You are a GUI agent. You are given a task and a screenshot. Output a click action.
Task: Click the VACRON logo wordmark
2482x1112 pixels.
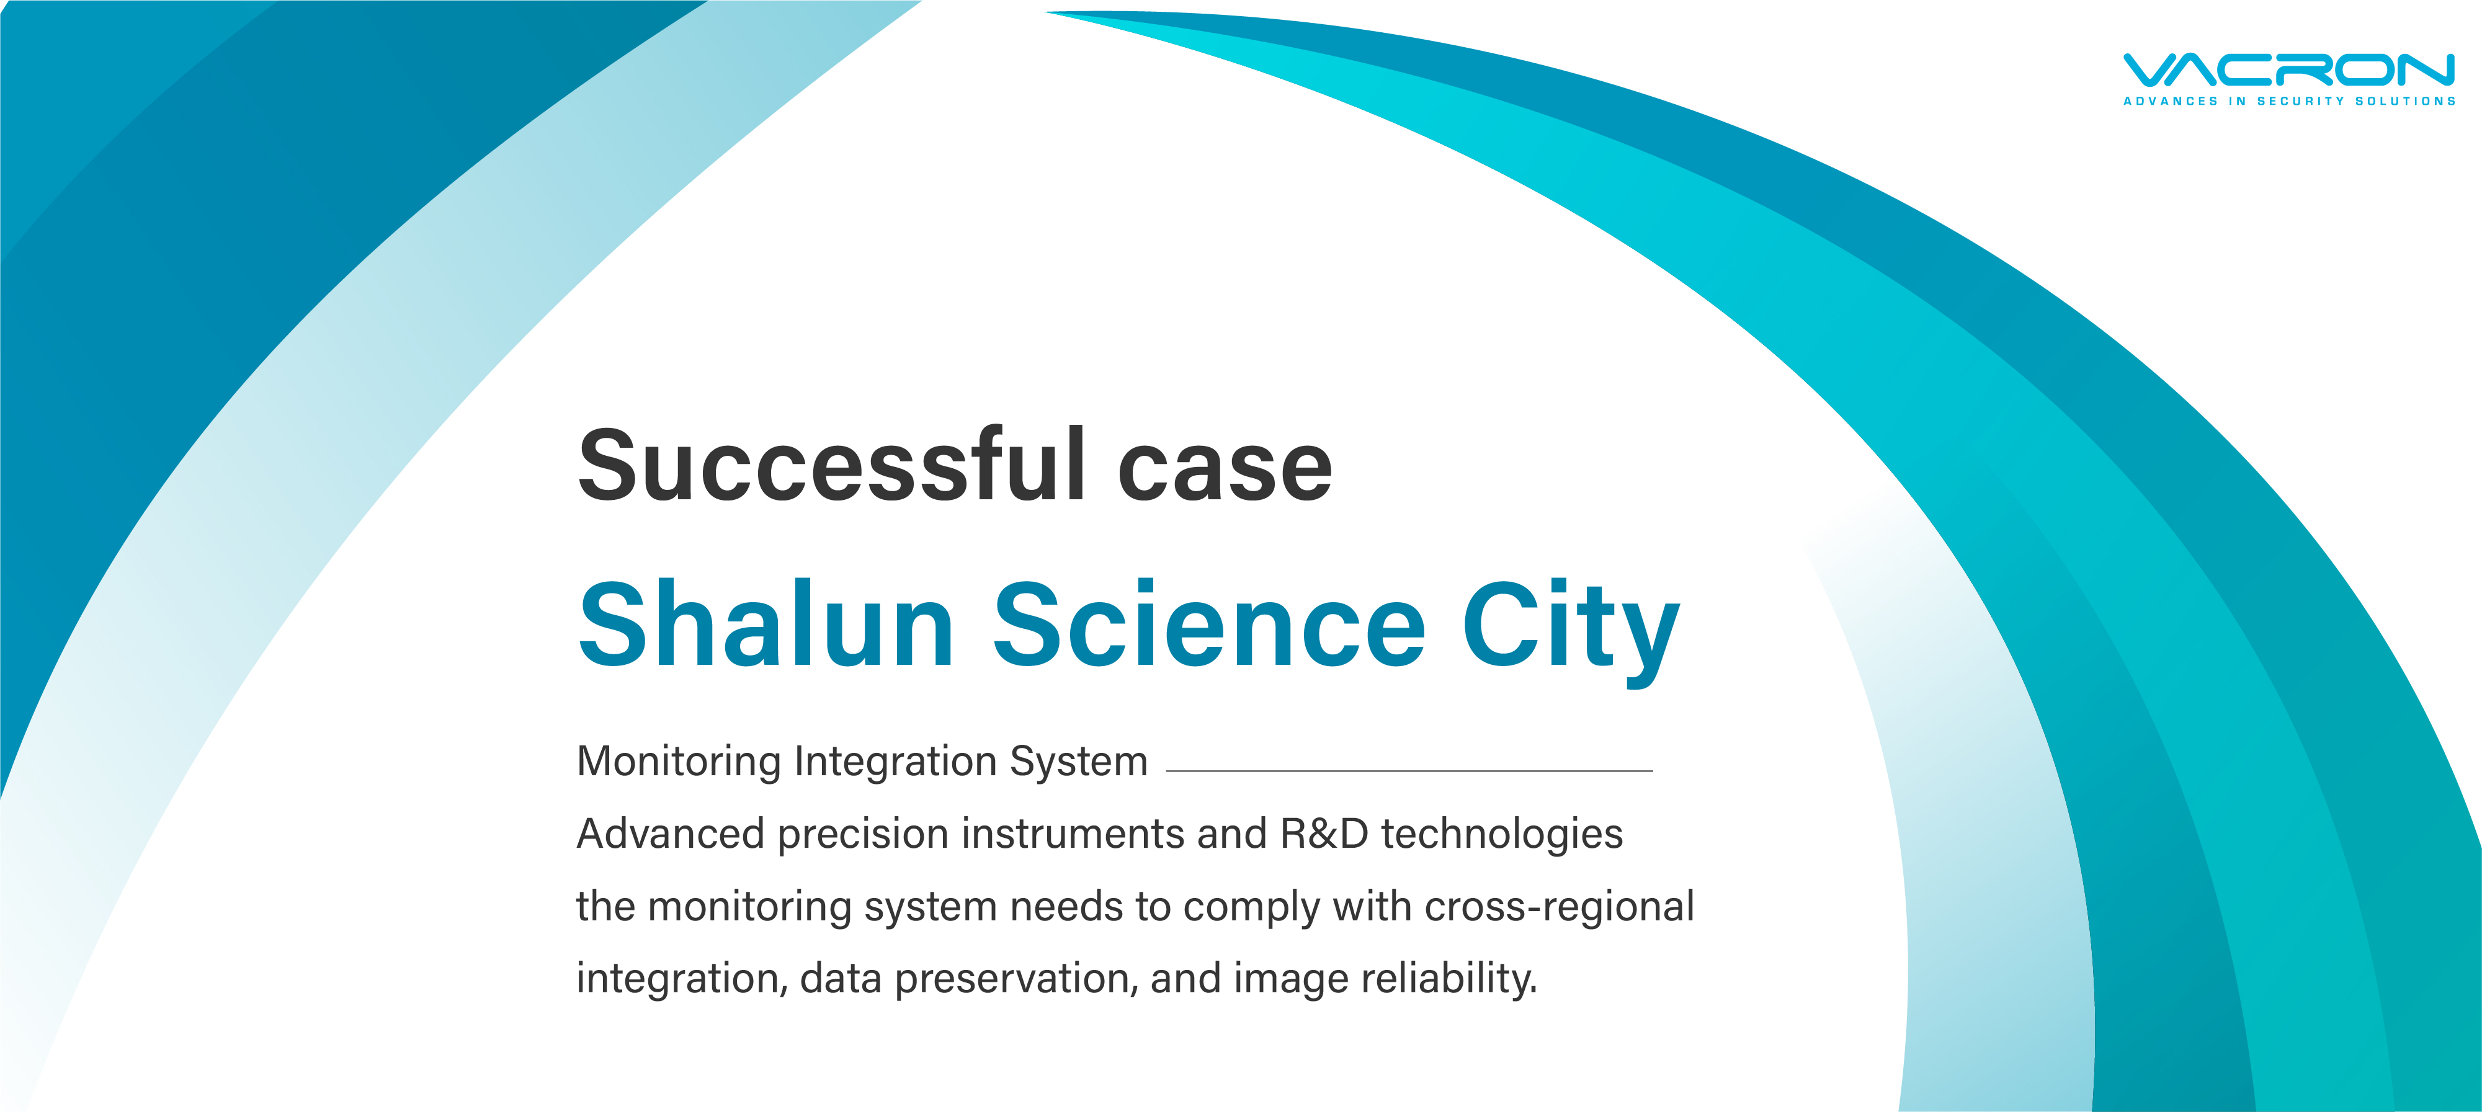click(2289, 70)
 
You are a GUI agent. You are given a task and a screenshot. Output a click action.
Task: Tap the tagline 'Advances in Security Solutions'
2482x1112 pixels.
click(2289, 100)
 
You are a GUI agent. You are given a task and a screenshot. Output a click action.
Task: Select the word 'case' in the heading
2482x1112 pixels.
click(1225, 472)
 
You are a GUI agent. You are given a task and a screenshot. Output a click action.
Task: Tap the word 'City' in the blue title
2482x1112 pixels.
click(1571, 631)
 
